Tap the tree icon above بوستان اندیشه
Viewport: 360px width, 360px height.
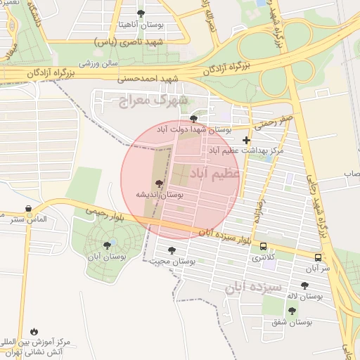(x=160, y=184)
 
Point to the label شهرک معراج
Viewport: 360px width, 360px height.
(x=150, y=102)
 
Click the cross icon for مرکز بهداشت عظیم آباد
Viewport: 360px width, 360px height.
(x=245, y=140)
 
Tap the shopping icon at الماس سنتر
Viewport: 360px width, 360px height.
(x=27, y=209)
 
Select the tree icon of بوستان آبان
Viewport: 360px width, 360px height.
(x=107, y=245)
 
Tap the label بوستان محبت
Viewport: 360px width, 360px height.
(x=171, y=261)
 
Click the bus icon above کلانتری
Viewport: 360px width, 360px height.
(x=264, y=247)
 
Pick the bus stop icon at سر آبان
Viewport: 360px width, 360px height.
(x=318, y=257)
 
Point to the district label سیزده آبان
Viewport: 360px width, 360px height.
(x=253, y=288)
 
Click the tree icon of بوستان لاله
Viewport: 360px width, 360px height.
(x=304, y=285)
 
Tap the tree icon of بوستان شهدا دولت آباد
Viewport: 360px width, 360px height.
(x=194, y=118)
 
